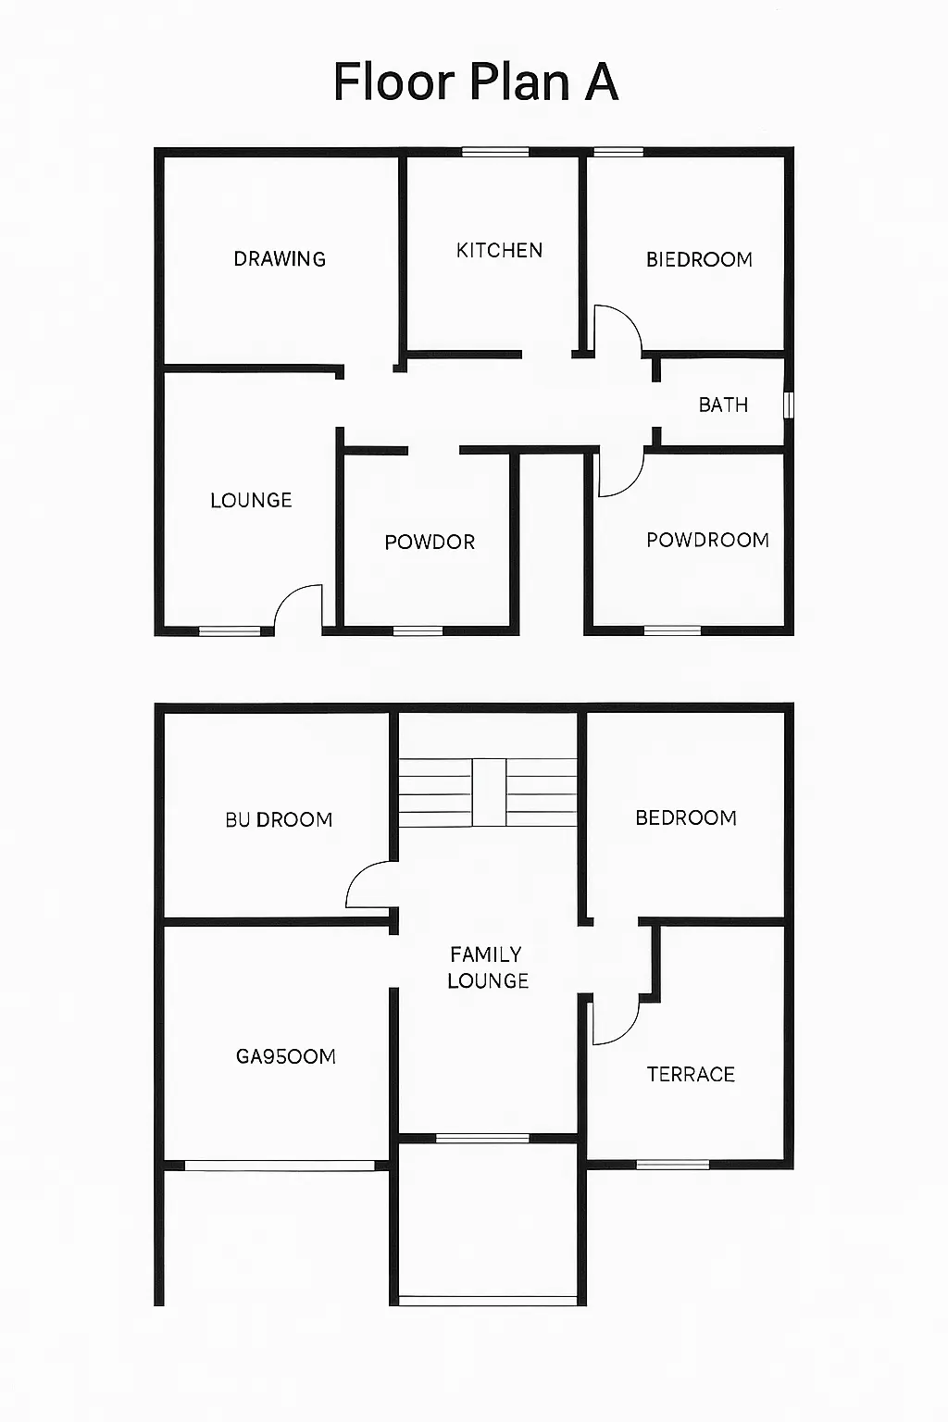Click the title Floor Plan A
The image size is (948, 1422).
pyautogui.click(x=476, y=81)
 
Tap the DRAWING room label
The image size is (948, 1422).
pyautogui.click(x=280, y=259)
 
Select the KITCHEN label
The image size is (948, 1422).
pyautogui.click(x=499, y=251)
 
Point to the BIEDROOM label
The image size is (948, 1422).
pyautogui.click(x=699, y=259)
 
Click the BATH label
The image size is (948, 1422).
pyautogui.click(x=723, y=405)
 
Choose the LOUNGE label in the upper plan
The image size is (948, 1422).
pyautogui.click(x=252, y=500)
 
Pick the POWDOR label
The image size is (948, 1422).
pyautogui.click(x=430, y=543)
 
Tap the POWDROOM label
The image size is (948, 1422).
pyautogui.click(x=708, y=541)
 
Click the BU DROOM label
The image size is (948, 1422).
pyautogui.click(x=279, y=819)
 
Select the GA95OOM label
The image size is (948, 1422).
pyautogui.click(x=286, y=1056)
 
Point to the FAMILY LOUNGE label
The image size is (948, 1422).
pyautogui.click(x=488, y=967)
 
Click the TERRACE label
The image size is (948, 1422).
pyautogui.click(x=691, y=1074)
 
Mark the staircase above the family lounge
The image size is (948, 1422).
pyautogui.click(x=488, y=792)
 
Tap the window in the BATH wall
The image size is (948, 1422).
pyautogui.click(x=788, y=405)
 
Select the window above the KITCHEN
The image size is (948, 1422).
pyautogui.click(x=495, y=152)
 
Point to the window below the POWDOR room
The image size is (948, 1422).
pyautogui.click(x=418, y=630)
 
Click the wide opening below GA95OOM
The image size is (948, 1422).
pyautogui.click(x=280, y=1166)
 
